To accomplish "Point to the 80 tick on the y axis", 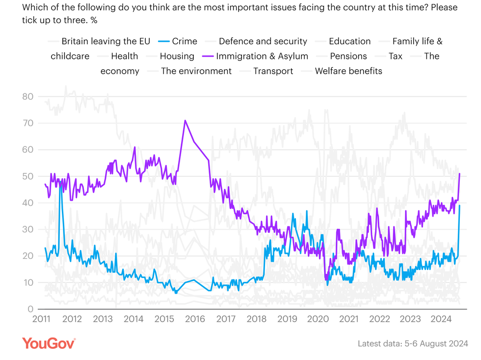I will [x=27, y=97].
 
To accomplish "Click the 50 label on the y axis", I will [x=27, y=176].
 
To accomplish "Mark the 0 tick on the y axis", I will [x=30, y=309].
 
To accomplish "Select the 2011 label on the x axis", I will [x=41, y=319].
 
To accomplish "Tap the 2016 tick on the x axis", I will [x=195, y=319].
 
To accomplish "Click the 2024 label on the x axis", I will [x=441, y=319].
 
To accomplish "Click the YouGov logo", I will [x=49, y=343].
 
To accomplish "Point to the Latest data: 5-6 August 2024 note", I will [x=413, y=343].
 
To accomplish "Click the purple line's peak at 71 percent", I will [x=185, y=120].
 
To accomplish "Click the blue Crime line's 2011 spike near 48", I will [x=60, y=183].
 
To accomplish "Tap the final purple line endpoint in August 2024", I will [x=459, y=173].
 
